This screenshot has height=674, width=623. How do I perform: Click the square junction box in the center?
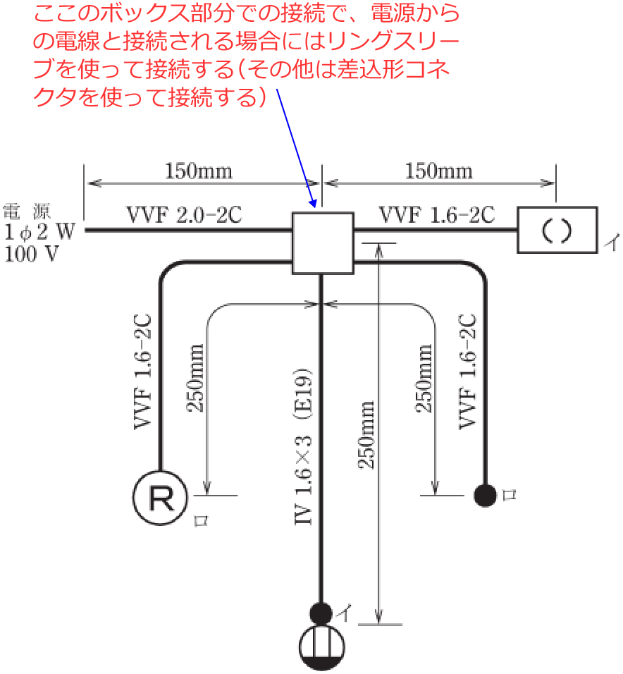(322, 243)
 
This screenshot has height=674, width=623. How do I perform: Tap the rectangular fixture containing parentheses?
(557, 230)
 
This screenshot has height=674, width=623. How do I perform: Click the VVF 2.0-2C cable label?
(184, 215)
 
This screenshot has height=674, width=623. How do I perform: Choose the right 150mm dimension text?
(438, 171)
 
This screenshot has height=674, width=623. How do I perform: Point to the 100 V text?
(31, 255)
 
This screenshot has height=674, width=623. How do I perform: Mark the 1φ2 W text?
(39, 232)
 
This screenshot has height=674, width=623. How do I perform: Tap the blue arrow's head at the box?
(314, 205)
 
